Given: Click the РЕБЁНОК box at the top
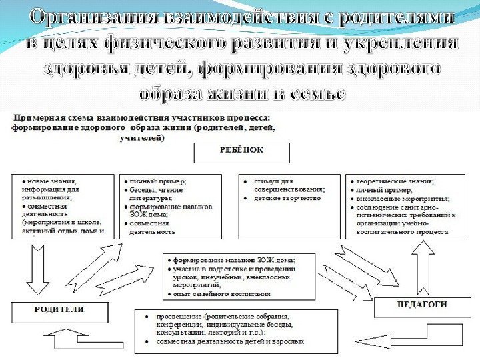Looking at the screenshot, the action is (241, 151).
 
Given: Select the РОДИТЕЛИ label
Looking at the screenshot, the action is (59, 310).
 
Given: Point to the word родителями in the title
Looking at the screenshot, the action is (397, 19).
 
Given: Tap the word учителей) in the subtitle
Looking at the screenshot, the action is (142, 138).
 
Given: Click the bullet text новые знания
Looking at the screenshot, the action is (49, 181).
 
